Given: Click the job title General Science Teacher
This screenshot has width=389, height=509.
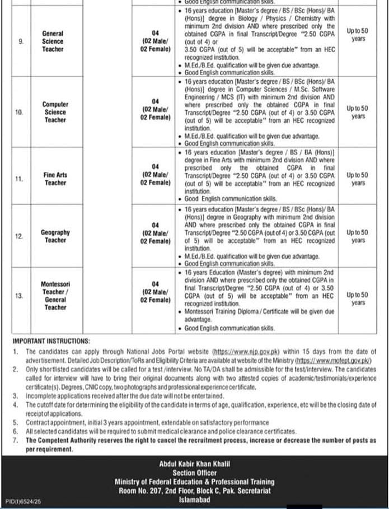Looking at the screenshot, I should tap(53, 41).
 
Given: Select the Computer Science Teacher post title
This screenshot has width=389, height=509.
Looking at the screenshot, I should tap(55, 112).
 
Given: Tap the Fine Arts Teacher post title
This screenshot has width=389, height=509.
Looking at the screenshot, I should tap(55, 179).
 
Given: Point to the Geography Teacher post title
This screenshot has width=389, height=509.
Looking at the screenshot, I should tap(55, 236).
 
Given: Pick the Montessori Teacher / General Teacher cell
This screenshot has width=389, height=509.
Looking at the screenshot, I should tap(55, 295).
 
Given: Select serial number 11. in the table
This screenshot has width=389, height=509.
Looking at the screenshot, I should tap(20, 179).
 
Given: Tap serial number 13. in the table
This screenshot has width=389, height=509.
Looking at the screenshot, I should tap(20, 296).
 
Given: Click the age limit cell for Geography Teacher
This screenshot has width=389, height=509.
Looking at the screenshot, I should tap(358, 236).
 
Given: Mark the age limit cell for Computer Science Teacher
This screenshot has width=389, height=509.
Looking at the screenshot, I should tap(358, 112).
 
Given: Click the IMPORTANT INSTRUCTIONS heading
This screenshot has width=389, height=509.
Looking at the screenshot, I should tap(51, 340).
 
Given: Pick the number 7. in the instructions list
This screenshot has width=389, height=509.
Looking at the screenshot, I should tap(16, 441).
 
